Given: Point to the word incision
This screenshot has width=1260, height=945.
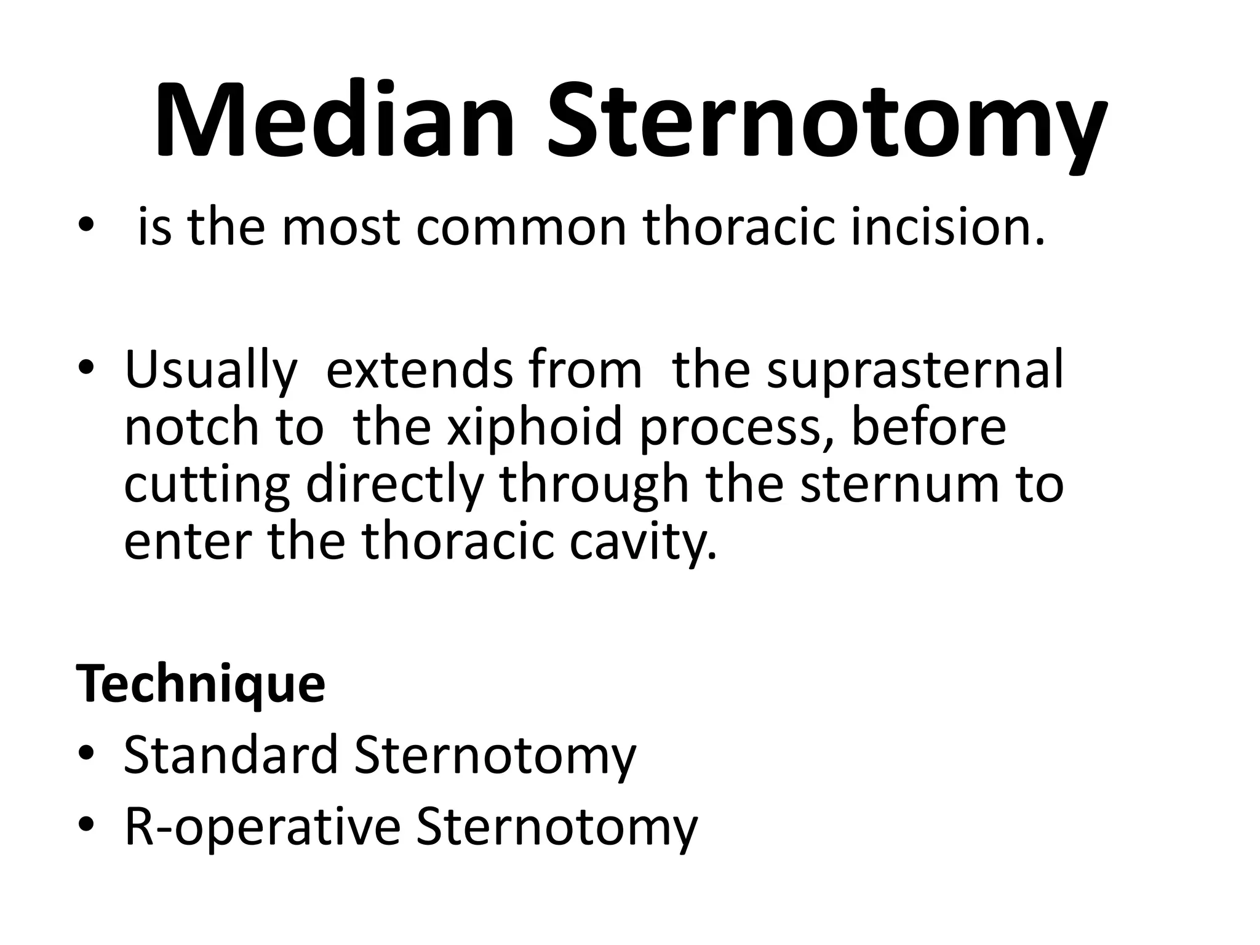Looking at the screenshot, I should pos(947,228).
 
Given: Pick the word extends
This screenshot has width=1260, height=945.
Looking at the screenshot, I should pos(419,371).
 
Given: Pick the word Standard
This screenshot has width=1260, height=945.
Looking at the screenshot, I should pos(231,756).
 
